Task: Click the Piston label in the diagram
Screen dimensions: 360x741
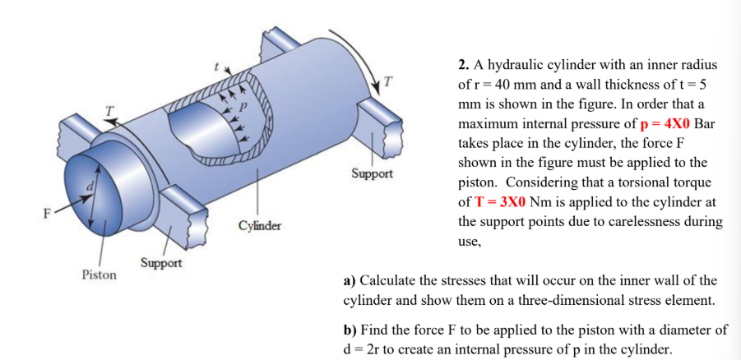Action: [x=98, y=275]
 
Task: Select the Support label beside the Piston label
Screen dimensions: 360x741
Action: [x=160, y=263]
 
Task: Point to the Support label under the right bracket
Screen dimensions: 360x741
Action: [x=372, y=174]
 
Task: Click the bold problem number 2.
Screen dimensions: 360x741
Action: [x=463, y=65]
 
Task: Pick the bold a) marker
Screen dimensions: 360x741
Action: [x=350, y=281]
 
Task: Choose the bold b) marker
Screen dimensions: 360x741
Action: [x=350, y=330]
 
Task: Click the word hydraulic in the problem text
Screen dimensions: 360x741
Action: [x=516, y=65]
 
